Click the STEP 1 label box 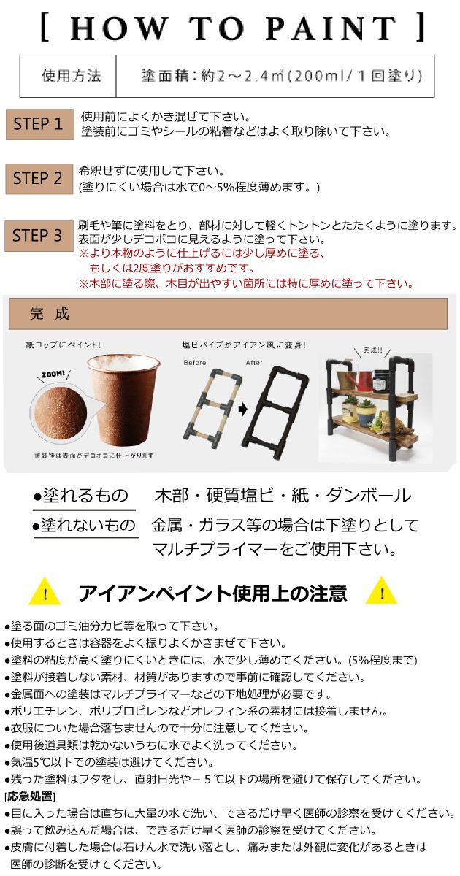tap(39, 124)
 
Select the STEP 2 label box tap(39, 179)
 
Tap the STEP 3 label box tap(39, 236)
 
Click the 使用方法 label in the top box tap(71, 76)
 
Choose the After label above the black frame tap(254, 362)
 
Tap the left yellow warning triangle tap(45, 591)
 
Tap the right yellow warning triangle tap(380, 591)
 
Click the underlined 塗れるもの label tap(85, 496)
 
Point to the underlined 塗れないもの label tap(88, 526)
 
